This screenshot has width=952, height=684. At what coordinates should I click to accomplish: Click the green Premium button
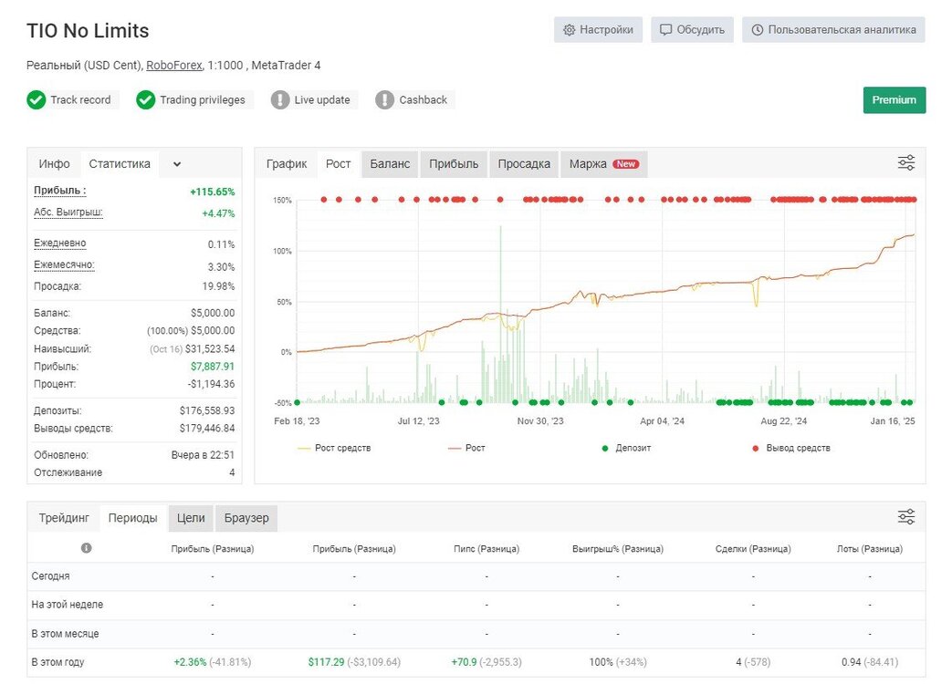[894, 100]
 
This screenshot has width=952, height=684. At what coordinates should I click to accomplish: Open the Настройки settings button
[598, 30]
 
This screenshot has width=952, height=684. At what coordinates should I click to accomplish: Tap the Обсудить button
[692, 30]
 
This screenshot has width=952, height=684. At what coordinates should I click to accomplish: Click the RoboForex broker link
[174, 65]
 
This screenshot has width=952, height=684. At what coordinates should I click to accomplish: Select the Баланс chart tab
[390, 164]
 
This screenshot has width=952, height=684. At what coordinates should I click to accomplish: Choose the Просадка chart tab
[524, 164]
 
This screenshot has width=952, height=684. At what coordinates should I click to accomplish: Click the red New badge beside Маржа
[626, 164]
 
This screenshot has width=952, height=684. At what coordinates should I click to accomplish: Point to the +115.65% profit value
[213, 192]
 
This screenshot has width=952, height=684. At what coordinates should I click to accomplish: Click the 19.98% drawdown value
[218, 286]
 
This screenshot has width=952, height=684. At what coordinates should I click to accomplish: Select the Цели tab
[191, 518]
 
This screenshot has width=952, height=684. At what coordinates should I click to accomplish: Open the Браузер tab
[246, 518]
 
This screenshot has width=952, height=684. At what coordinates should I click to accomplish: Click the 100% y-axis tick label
[282, 251]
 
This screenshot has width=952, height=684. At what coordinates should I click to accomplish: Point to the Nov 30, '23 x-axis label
[540, 420]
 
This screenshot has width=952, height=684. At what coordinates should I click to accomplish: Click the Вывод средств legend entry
[791, 448]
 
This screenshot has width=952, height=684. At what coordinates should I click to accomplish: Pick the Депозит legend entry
[626, 448]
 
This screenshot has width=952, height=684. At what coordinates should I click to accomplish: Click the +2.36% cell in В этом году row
[190, 662]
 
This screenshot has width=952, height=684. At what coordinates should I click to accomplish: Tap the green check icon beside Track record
[37, 100]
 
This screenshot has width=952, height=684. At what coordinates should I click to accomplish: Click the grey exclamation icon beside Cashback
[384, 100]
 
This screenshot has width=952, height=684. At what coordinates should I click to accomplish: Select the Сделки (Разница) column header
[753, 549]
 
